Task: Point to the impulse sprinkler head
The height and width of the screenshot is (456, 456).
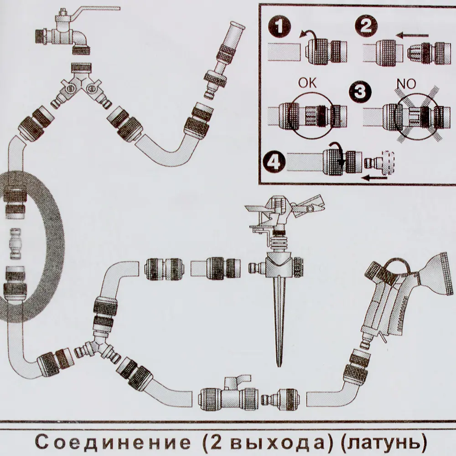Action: tap(283, 214)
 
